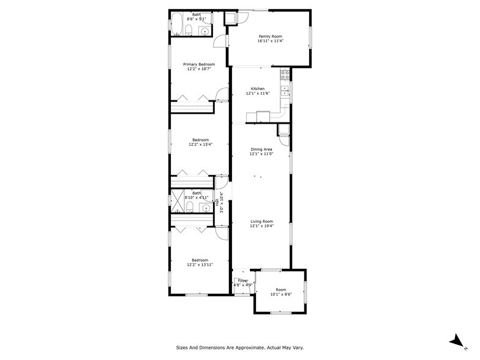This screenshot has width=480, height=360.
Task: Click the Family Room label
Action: (270, 37)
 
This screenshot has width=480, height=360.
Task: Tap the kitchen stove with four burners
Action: (285, 75)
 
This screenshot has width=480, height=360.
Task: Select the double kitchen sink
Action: (285, 92)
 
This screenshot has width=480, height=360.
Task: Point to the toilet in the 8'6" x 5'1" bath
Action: (190, 31)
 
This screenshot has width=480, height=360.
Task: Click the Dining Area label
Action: (261, 149)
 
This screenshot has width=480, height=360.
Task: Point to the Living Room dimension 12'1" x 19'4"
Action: (261, 227)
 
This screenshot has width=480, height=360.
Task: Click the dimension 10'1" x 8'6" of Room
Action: (281, 294)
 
